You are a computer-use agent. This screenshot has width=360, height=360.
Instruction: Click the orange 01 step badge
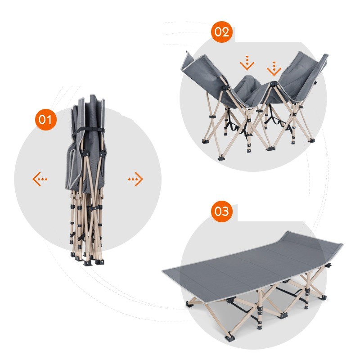tap(46, 120)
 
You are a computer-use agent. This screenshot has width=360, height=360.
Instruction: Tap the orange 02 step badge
tap(222, 32)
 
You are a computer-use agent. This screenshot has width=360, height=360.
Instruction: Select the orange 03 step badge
tap(222, 211)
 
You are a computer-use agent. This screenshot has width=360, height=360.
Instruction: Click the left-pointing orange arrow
tap(40, 179)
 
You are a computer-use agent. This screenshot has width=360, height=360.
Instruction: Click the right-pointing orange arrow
tap(136, 179)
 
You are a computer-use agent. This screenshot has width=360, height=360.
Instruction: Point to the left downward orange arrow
tap(247, 63)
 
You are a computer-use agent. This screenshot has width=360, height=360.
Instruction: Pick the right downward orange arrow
tap(274, 69)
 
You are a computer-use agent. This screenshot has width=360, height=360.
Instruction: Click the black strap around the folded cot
tap(88, 131)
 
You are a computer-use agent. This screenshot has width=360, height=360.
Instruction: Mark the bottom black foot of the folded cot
tap(87, 263)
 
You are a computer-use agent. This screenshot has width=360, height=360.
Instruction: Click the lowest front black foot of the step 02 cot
tap(221, 157)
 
